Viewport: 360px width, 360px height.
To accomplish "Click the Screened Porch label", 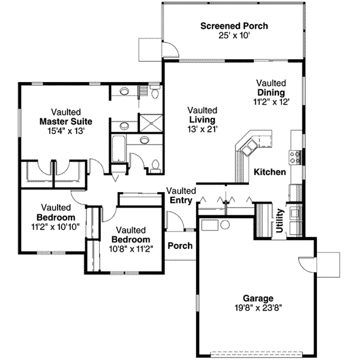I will coord(234,26).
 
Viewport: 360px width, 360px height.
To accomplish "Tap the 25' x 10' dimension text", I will coord(234,35).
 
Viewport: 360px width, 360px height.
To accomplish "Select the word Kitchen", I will coord(269,172).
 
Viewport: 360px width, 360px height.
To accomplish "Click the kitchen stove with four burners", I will coord(295,157).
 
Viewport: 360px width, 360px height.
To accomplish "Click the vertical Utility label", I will coord(279,220).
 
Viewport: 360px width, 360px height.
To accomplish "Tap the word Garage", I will coord(258,298).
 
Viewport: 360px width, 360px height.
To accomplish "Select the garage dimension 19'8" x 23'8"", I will coord(258,308).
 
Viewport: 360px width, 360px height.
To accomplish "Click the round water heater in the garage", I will coord(225,226).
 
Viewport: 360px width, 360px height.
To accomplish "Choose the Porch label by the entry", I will coord(179,246).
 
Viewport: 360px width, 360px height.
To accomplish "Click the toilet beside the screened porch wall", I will coord(154,92).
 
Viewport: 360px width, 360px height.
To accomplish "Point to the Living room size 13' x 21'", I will coord(202,128).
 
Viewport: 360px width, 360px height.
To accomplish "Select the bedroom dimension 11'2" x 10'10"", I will coord(55,226).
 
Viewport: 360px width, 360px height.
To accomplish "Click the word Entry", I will coord(181,200).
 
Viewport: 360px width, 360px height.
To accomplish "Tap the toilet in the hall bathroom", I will coord(155,164).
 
